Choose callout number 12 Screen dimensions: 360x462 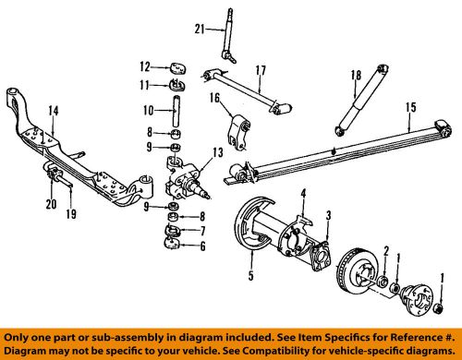(x=144, y=66)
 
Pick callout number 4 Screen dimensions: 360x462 (x=301, y=193)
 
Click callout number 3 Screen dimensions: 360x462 (x=328, y=216)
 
